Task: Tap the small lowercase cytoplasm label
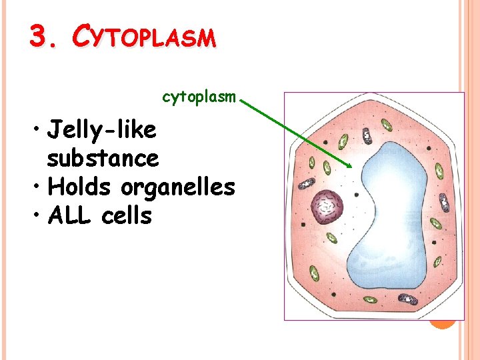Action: click(199, 97)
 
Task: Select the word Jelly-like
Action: click(102, 129)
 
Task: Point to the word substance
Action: click(103, 159)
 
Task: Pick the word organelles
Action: click(178, 188)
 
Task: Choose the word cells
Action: click(127, 216)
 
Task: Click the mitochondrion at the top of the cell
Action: click(367, 135)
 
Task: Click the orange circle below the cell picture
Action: click(442, 323)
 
